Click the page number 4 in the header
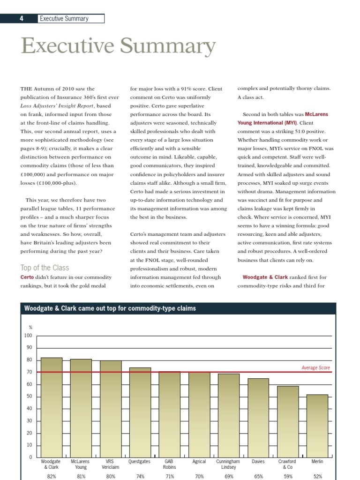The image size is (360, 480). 21,19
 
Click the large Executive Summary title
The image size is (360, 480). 118,46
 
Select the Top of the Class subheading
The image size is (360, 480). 45,268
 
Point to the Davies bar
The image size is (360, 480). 258,417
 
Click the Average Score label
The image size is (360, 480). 315,368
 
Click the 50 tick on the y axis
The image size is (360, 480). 29,397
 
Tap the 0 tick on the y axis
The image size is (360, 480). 30,457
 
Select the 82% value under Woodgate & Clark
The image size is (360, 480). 52,476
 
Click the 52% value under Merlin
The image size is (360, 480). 317,476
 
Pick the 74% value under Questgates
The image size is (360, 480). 140,476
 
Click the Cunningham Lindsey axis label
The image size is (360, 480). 228,464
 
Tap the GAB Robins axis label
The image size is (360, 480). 169,464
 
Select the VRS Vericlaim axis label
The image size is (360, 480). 111,464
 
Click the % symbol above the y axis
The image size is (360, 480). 30,327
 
